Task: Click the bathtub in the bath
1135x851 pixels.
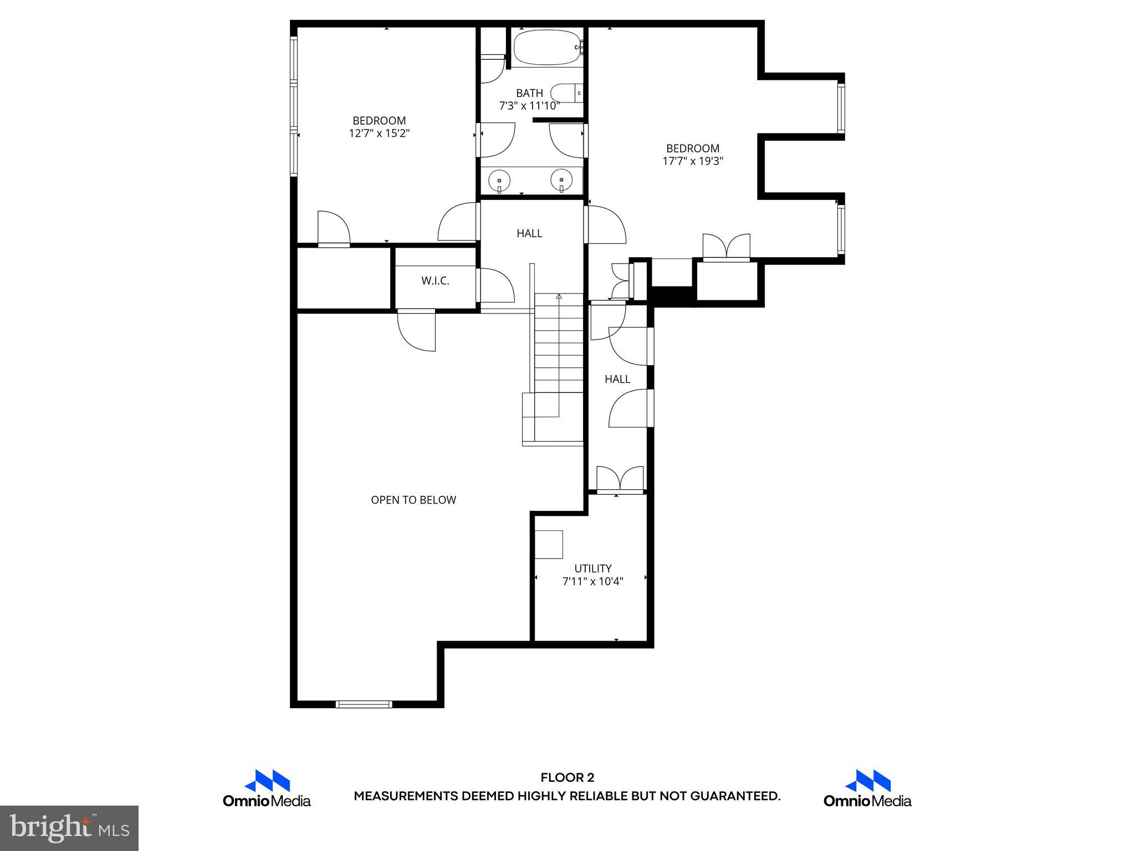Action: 546,48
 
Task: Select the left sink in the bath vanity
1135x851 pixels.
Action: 499,180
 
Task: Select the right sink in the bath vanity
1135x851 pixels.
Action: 561,180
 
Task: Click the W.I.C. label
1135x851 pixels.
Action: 435,281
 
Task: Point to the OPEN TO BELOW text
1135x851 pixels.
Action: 413,500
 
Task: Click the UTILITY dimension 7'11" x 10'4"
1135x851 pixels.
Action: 592,581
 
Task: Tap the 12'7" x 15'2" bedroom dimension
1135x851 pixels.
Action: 379,134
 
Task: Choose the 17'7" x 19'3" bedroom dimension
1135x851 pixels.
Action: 693,161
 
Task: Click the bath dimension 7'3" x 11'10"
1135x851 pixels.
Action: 529,106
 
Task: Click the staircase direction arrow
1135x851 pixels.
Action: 559,297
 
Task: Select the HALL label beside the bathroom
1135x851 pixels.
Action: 529,233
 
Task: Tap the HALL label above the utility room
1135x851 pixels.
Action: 617,379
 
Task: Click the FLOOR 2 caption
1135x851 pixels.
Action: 567,778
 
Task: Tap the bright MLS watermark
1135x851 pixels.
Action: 69,828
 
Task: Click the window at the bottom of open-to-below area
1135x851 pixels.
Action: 364,704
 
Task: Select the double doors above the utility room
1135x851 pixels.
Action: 620,479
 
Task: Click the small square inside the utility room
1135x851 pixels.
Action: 549,544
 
